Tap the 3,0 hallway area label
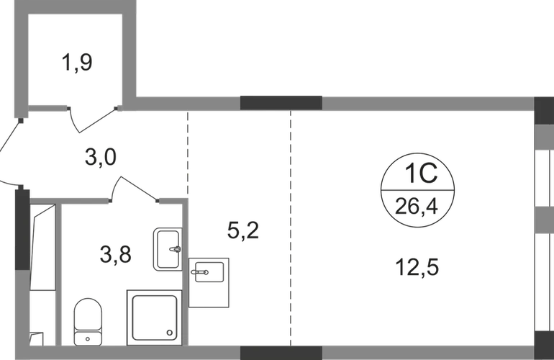pyautogui.click(x=102, y=156)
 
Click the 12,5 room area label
pyautogui.click(x=417, y=268)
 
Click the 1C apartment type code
pyautogui.click(x=417, y=177)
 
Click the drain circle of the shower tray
pyautogui.click(x=169, y=333)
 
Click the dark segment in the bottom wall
pyautogui.click(x=280, y=353)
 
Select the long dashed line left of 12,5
pyautogui.click(x=291, y=227)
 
